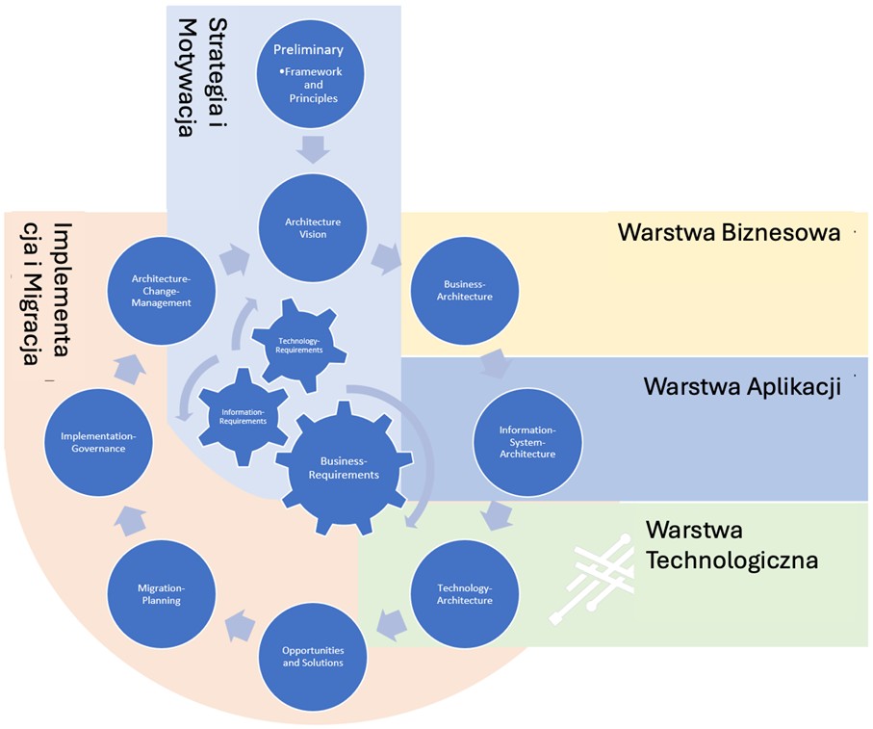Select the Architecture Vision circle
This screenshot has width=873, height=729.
coord(313,227)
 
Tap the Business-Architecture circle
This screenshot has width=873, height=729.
coord(466,290)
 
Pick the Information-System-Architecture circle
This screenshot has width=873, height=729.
coord(527,441)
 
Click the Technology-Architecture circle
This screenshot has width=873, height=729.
coord(465,593)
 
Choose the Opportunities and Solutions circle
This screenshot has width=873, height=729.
coord(313,656)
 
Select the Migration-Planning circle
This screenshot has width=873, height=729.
coord(160,593)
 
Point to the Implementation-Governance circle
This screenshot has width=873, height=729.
coord(98,441)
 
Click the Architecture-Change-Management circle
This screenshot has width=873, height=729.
coord(161,290)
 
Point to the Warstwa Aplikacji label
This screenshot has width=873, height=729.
coord(742,386)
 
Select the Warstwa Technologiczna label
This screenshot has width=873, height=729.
coord(732,544)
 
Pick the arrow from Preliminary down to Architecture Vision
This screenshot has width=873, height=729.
coord(313,149)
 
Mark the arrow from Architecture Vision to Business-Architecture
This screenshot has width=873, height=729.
coord(388,258)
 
